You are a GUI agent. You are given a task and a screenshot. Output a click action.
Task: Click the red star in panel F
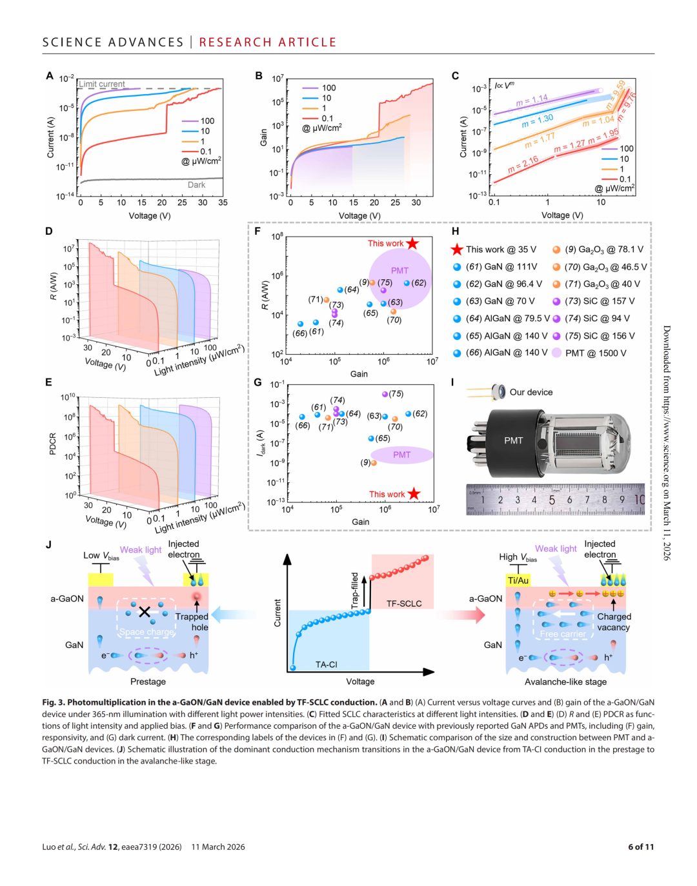click(x=412, y=243)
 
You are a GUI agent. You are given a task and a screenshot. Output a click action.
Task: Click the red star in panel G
click(x=414, y=494)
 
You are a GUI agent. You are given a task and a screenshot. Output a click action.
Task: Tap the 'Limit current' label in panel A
click(x=102, y=84)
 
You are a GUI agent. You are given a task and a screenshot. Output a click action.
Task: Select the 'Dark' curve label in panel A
click(x=196, y=185)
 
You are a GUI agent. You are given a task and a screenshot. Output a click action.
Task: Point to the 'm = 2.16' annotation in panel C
click(x=523, y=164)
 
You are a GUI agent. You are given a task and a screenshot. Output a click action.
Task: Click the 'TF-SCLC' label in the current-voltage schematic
click(x=404, y=604)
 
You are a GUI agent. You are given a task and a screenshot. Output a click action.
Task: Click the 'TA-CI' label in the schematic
click(x=327, y=664)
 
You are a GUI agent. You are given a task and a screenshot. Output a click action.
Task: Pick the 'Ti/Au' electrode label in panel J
click(x=518, y=580)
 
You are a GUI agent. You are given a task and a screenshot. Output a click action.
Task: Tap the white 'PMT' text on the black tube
click(x=514, y=440)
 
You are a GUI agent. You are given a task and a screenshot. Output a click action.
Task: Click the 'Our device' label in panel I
click(x=531, y=392)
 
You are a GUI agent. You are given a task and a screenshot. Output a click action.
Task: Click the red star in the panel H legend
click(x=457, y=250)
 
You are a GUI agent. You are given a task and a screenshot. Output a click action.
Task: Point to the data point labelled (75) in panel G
click(x=385, y=394)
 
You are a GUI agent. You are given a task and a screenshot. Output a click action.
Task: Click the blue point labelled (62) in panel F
click(x=407, y=283)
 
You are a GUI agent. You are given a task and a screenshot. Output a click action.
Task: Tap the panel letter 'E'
click(x=48, y=382)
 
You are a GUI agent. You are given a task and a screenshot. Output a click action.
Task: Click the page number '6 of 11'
click(x=641, y=847)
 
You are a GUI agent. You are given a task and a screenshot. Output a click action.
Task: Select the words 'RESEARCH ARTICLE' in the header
click(x=268, y=43)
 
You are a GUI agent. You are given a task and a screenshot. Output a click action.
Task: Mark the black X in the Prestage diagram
click(x=145, y=611)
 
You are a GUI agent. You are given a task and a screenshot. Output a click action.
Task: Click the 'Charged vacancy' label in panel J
click(x=613, y=622)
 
